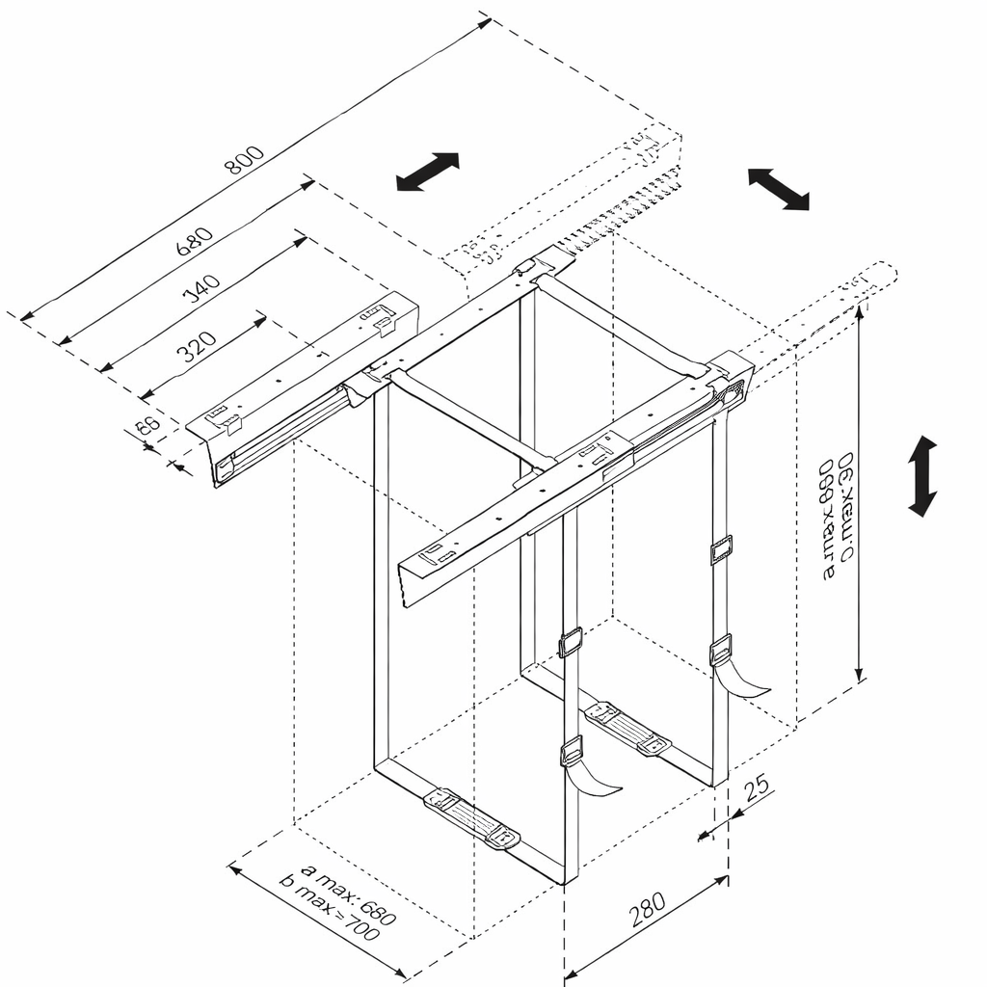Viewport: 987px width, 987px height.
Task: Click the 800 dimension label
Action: pos(244,160)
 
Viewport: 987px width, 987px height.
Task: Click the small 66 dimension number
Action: pos(147,426)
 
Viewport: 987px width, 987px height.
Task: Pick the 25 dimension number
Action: pos(758,786)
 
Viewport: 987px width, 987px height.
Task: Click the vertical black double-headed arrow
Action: pos(923,476)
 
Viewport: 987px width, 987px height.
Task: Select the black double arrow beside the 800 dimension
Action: pos(427,172)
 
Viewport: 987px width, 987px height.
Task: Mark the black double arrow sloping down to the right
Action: pos(779,189)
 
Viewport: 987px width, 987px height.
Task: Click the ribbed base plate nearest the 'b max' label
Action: pos(472,819)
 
